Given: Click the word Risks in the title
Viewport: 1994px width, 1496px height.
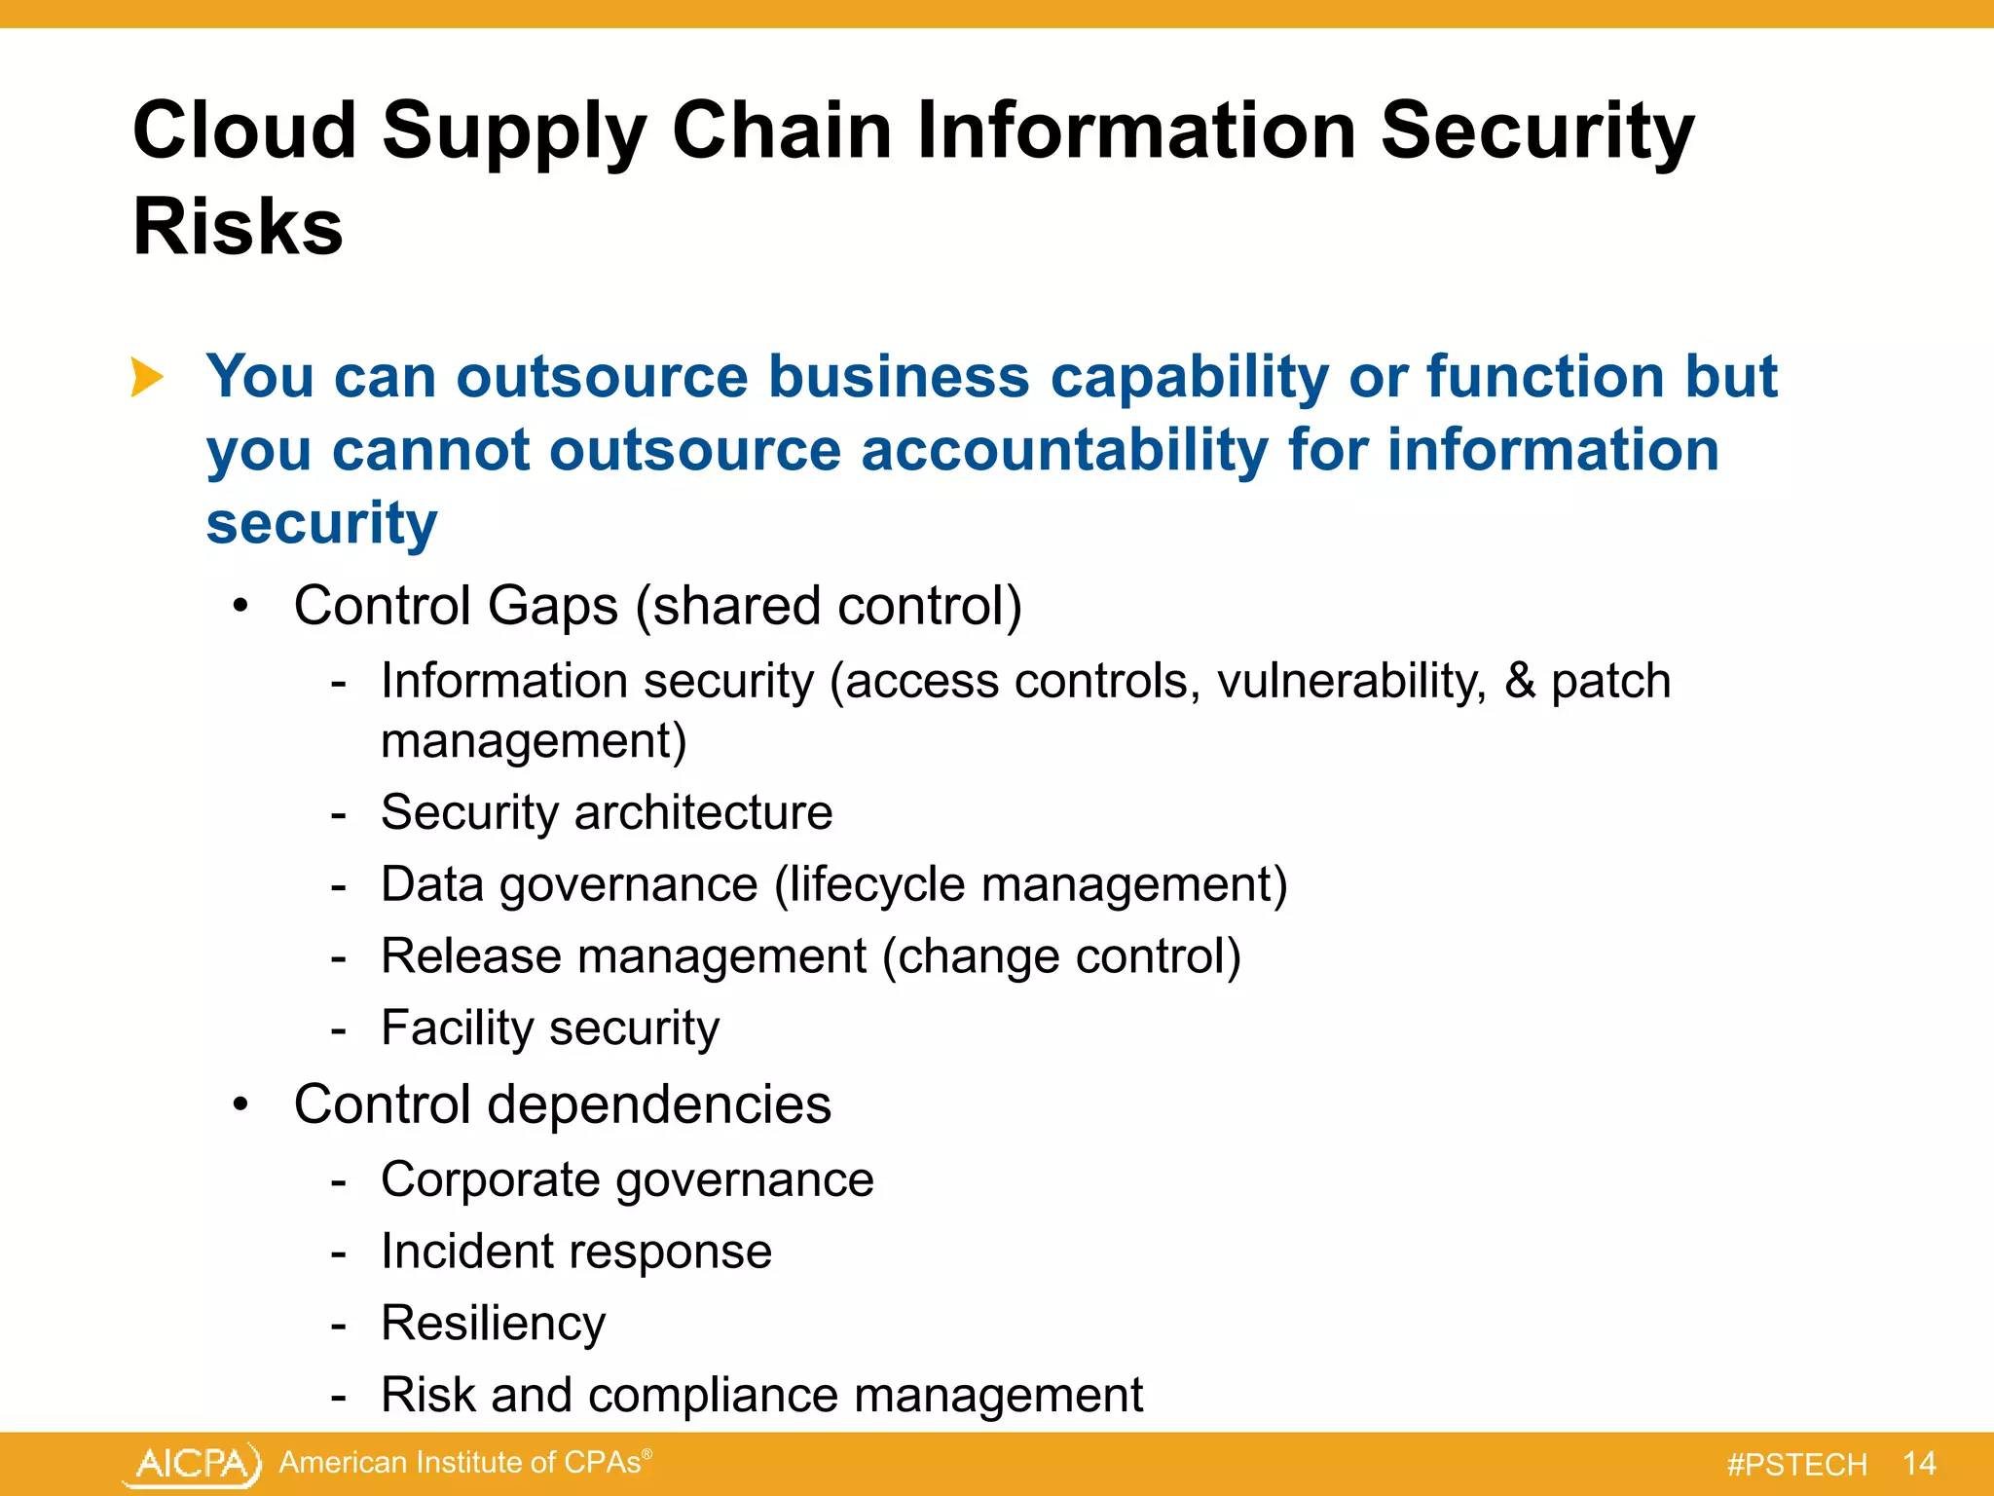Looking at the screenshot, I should [x=238, y=227].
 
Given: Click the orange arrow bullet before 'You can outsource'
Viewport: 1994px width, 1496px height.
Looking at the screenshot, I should [x=147, y=377].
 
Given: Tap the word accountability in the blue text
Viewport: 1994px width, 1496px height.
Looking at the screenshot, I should [x=1064, y=451].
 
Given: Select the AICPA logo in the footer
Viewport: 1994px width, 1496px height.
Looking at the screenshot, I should [x=193, y=1464].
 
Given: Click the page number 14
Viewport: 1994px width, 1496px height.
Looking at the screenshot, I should [x=1918, y=1464].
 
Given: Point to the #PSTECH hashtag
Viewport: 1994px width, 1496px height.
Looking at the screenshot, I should [x=1796, y=1465].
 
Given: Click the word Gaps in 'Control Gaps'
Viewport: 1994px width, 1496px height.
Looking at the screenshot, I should [x=552, y=607].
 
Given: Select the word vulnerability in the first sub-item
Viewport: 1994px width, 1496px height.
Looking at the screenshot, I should [x=1351, y=681].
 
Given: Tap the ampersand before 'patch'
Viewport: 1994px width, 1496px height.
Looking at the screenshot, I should [x=1520, y=681].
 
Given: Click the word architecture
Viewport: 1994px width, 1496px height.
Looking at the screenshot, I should [x=703, y=812].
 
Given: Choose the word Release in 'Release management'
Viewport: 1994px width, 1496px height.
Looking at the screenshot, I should [x=470, y=956].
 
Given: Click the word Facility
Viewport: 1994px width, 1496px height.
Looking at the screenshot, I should [x=456, y=1028].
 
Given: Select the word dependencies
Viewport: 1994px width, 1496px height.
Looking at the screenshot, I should [x=659, y=1105].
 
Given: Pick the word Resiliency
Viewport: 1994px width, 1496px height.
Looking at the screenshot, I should [x=493, y=1324].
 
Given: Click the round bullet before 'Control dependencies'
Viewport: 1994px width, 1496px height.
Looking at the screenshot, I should [x=241, y=1105].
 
